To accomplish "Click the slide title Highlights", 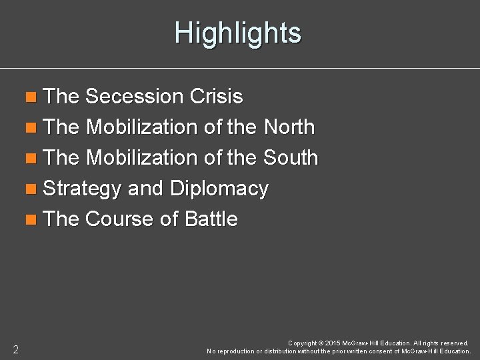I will click(x=238, y=33).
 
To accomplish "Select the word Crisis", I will click(x=217, y=97).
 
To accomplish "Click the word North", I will click(x=289, y=127).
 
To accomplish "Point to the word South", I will click(x=291, y=158).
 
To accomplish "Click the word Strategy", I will click(x=82, y=189).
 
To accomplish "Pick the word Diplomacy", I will click(x=219, y=189).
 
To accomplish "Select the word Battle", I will click(x=211, y=219).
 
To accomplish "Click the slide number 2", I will click(x=15, y=349).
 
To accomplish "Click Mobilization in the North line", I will click(x=141, y=127).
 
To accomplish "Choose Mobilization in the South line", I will click(x=141, y=158).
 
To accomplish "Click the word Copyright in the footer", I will click(x=303, y=343).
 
